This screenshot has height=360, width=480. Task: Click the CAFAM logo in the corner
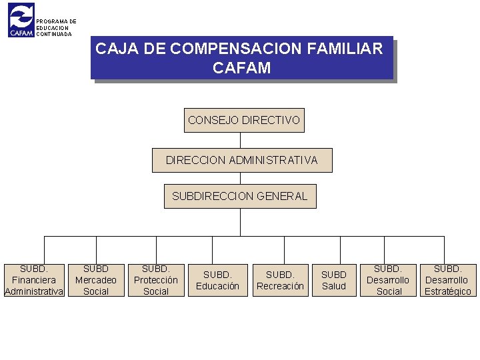coord(21,21)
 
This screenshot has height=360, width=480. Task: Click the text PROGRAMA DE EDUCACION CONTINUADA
coord(56,28)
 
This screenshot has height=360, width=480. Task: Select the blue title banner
coord(241,58)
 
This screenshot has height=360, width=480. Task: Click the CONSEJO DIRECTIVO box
coord(244,121)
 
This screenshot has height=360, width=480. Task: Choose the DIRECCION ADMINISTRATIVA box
coord(241,160)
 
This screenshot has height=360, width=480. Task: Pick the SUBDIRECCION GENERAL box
coord(240,196)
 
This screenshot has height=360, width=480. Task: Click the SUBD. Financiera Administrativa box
coord(34,280)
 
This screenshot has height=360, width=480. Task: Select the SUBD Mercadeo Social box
coord(96,280)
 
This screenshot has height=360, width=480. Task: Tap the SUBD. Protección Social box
coord(156,280)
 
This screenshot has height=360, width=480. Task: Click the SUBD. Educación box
coord(217,280)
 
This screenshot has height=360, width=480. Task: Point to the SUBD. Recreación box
coord(280,280)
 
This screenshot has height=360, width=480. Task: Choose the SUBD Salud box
coord(334,280)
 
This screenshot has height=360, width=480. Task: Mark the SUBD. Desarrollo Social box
coord(388,280)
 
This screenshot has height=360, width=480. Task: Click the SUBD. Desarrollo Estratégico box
coord(447,280)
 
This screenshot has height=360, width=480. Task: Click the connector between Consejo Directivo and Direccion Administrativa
coord(241,140)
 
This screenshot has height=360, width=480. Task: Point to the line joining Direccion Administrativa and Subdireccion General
coord(241,178)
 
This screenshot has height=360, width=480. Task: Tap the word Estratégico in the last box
coord(447,291)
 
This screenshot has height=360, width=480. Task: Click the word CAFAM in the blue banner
coord(241,68)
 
